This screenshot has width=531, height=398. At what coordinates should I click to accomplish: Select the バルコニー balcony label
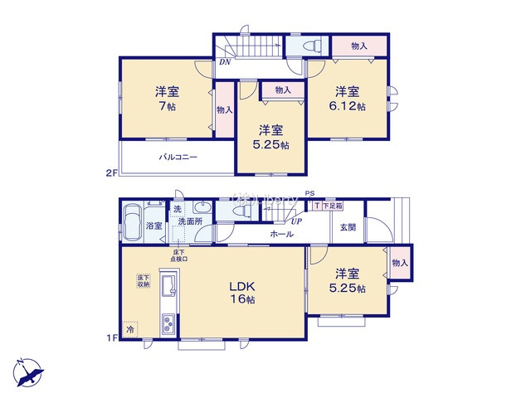click(x=178, y=156)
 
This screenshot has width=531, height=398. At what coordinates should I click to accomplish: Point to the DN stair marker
click(x=225, y=61)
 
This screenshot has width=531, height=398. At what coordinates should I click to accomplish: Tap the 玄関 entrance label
click(x=347, y=226)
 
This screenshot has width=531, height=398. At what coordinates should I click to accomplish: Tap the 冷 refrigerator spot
click(x=130, y=329)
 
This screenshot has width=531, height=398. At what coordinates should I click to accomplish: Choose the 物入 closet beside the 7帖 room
click(x=222, y=109)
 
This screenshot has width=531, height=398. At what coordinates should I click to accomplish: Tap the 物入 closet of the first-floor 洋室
click(x=401, y=262)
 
